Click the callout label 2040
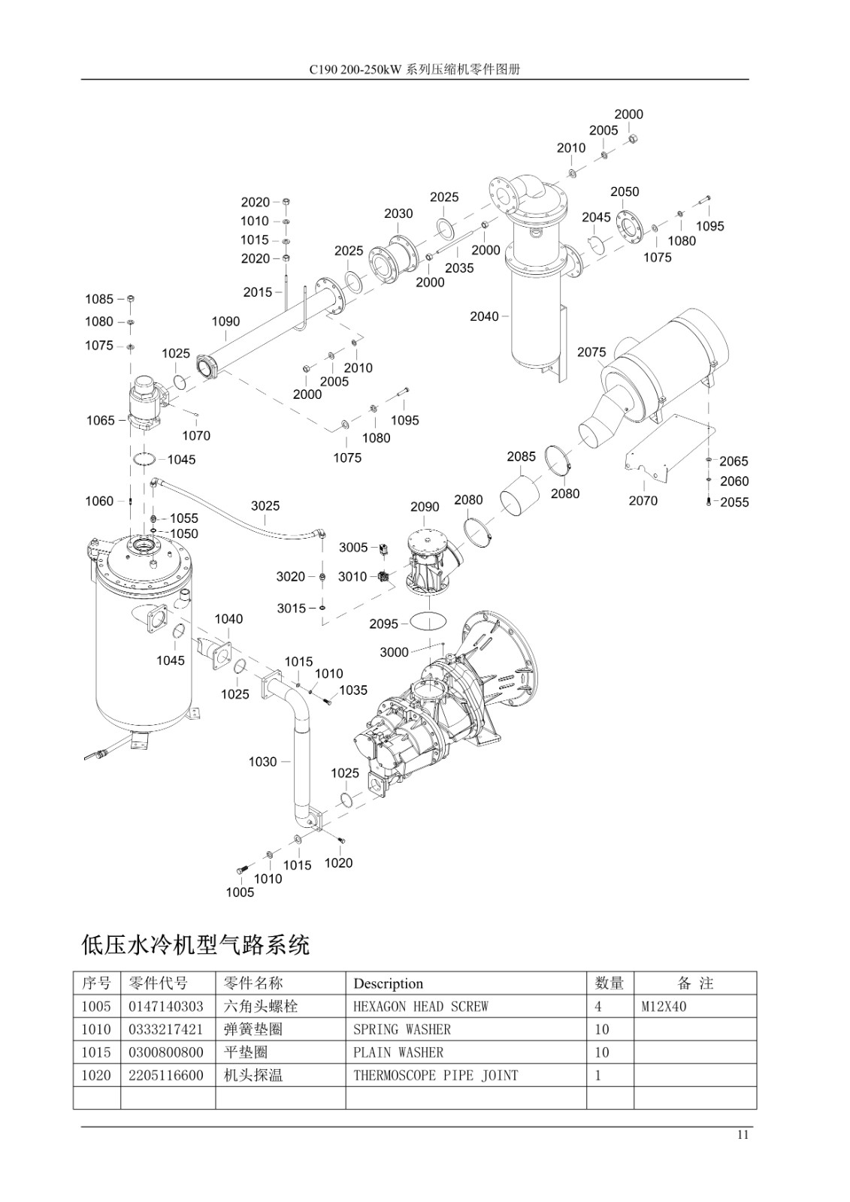[484, 316]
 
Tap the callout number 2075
[591, 352]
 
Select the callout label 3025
[265, 506]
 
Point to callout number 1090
[225, 322]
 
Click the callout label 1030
[262, 762]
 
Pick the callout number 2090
[425, 507]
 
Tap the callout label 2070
[643, 500]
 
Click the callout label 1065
[101, 421]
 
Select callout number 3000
[394, 652]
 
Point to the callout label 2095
[384, 624]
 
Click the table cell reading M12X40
[664, 1007]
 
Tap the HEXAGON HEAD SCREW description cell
[421, 1007]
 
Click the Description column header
[389, 983]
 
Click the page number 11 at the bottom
[743, 1135]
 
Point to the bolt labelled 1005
[242, 868]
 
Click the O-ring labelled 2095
[428, 621]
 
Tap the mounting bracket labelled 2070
[671, 446]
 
